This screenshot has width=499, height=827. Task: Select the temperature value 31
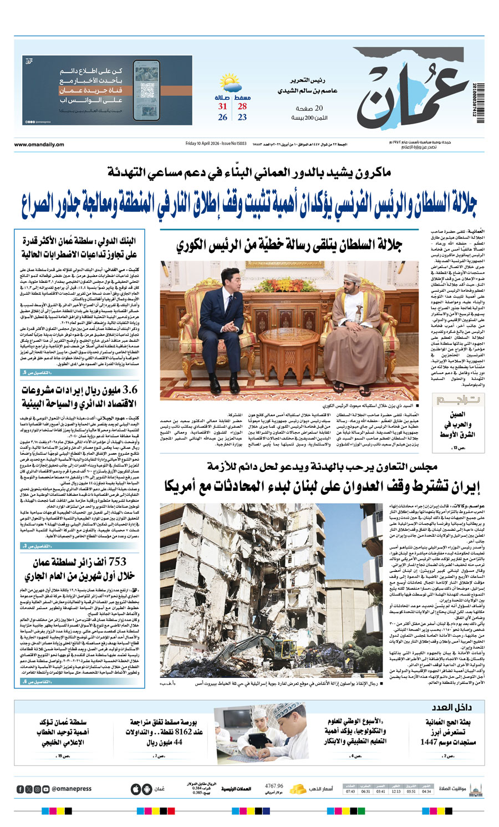click(x=222, y=106)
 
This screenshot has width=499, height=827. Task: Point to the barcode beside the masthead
click(x=479, y=100)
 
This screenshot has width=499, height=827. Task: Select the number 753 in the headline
click(x=118, y=561)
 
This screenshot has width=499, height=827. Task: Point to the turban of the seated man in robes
click(x=351, y=278)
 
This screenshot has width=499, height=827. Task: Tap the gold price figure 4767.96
click(x=274, y=786)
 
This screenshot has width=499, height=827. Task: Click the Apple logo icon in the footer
click(x=136, y=789)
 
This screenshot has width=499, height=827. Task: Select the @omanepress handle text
click(x=72, y=789)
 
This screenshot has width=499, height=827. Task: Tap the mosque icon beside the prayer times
click(x=475, y=789)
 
